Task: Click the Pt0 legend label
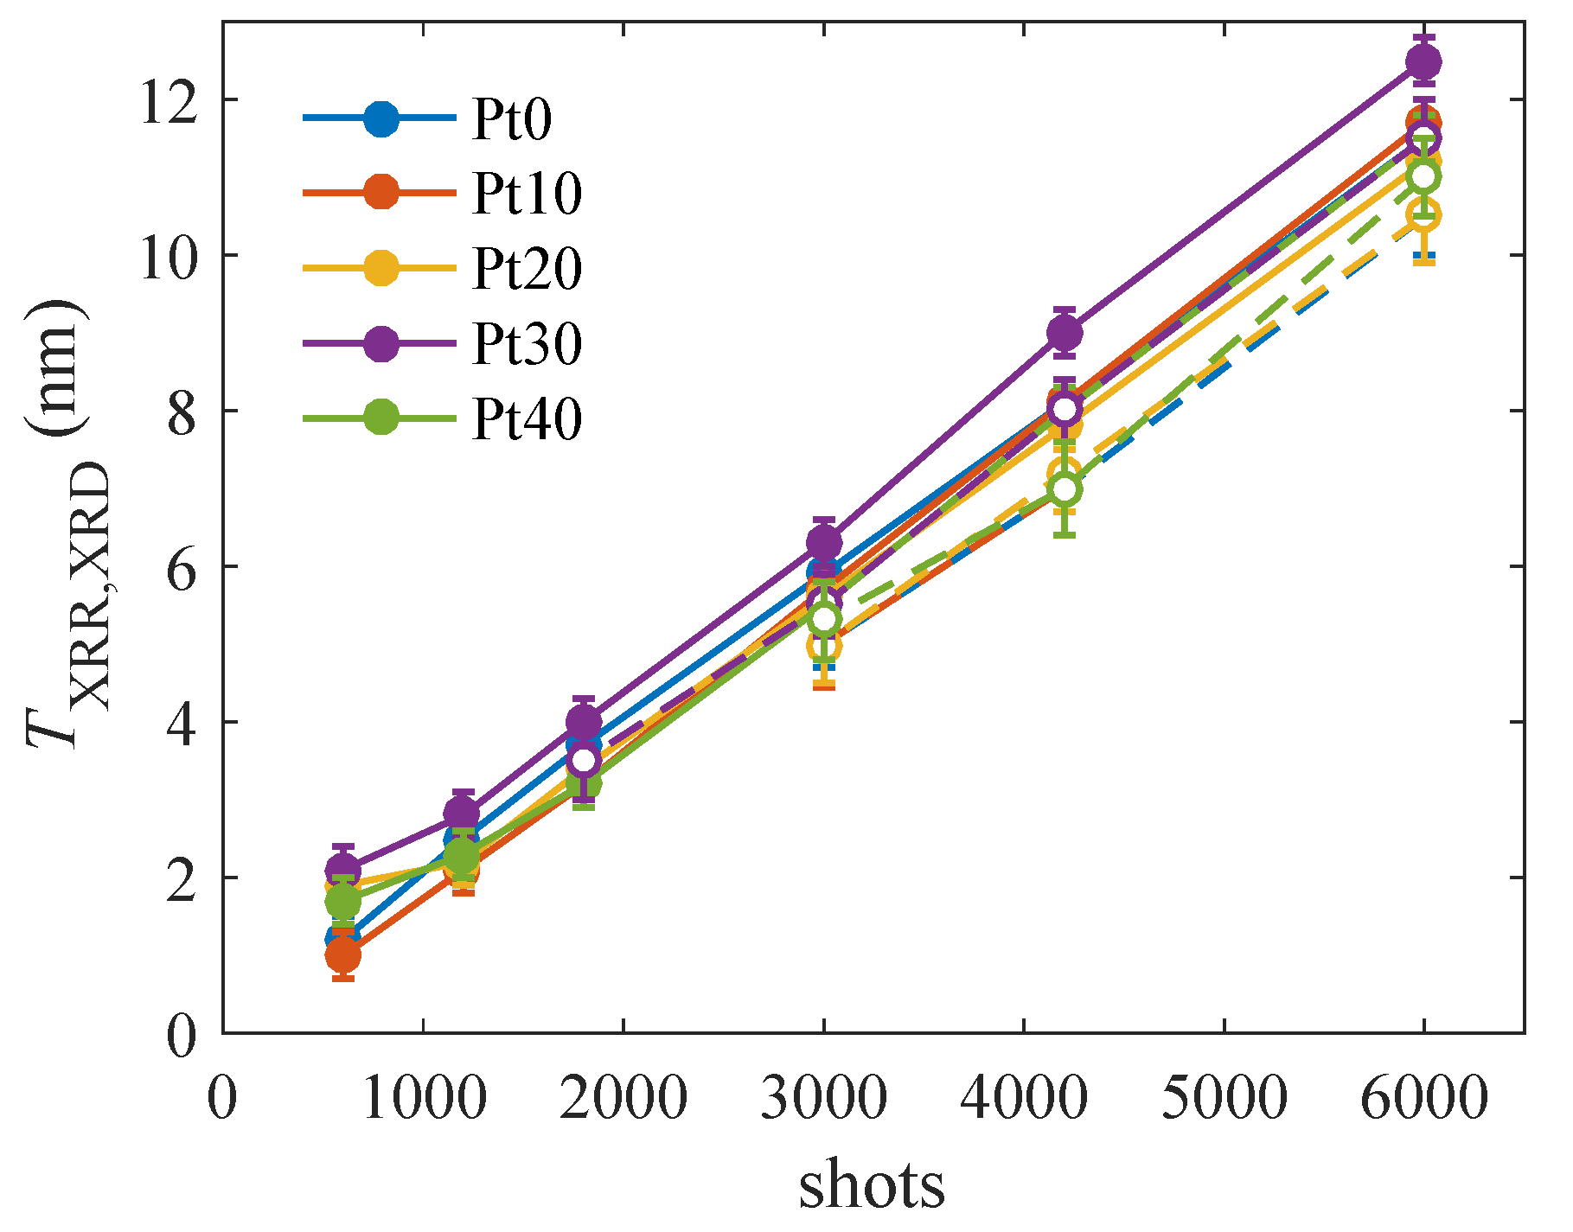tap(512, 118)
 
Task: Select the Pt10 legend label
tap(527, 194)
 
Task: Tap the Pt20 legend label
tap(527, 269)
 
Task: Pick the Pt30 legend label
tap(527, 344)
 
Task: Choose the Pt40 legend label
tap(527, 420)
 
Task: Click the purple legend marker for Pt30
tap(380, 344)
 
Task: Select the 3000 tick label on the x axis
tap(823, 1099)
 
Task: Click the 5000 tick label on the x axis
tap(1224, 1099)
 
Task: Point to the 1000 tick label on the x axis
tap(423, 1099)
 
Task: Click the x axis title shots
tap(872, 1184)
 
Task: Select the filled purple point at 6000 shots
tap(1423, 61)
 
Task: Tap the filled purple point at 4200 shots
tap(1065, 332)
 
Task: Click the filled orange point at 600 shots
tap(343, 955)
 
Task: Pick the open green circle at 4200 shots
tap(1065, 489)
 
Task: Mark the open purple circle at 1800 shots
tap(584, 760)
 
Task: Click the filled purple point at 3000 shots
tap(824, 542)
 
